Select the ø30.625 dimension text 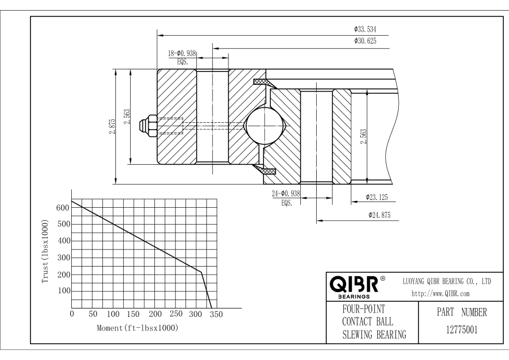pyautogui.click(x=365, y=41)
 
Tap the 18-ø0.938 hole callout pyautogui.click(x=182, y=53)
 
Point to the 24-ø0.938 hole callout pyautogui.click(x=286, y=194)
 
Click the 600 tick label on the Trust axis pyautogui.click(x=62, y=208)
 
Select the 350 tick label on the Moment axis pyautogui.click(x=216, y=314)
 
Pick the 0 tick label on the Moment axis pyautogui.click(x=72, y=314)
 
